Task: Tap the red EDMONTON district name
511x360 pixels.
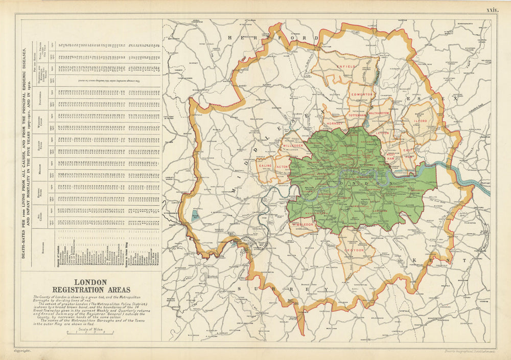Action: coord(361,95)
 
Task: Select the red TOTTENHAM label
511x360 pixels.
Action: coord(357,116)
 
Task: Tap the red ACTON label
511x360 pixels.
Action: coord(282,167)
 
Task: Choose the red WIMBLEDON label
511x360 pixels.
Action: coord(303,224)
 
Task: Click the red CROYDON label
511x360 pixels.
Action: coord(354,250)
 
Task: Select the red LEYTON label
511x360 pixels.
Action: coord(382,132)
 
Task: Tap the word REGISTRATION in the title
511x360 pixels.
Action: coord(91,290)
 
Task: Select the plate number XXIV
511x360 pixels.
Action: coord(492,10)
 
